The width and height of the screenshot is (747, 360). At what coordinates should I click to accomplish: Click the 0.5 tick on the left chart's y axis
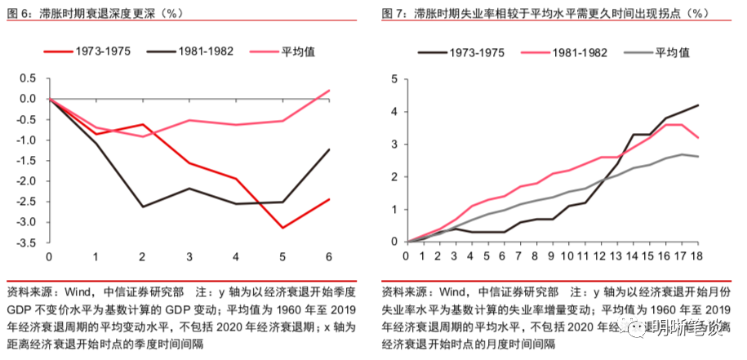pos(29,78)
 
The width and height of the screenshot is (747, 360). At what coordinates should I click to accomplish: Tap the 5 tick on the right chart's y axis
pos(394,79)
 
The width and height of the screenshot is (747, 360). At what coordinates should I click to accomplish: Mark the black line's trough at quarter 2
pos(143,207)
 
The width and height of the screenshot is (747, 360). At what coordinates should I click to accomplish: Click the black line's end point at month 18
pos(696,105)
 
